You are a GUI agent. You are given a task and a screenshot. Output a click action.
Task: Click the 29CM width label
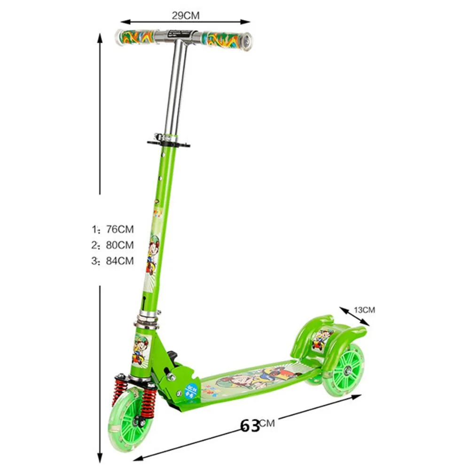point(186,16)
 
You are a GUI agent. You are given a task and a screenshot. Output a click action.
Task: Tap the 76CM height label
point(120,229)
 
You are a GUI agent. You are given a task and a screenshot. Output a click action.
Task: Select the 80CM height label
point(120,245)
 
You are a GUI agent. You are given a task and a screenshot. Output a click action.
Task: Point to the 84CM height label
point(120,261)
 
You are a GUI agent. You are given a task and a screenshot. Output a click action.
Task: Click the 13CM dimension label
point(364,310)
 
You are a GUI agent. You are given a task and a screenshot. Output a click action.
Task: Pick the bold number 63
point(250,426)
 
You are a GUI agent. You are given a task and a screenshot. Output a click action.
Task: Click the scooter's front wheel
point(130,419)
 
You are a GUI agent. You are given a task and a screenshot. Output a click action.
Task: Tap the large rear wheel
point(344,369)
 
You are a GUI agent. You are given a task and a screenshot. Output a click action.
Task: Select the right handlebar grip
point(227,40)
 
